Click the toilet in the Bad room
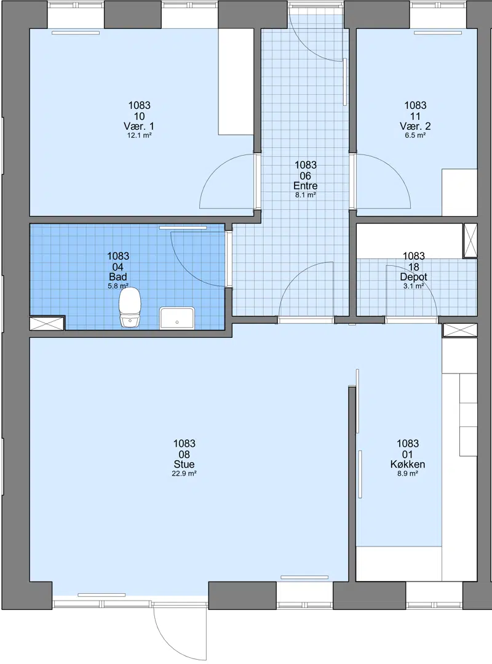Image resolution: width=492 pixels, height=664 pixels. coord(130,308)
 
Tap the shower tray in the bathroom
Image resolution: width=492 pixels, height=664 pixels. coord(177,318)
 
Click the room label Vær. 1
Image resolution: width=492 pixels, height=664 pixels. coord(139,126)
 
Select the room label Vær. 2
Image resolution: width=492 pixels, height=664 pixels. coord(415,126)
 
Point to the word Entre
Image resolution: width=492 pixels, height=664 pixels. coord(306,186)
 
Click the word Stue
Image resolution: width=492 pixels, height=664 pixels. coord(184,464)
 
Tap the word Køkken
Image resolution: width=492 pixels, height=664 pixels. coord(408,464)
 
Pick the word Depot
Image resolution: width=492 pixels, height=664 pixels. coord(414,277)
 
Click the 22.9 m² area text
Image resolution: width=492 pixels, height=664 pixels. coord(184,473)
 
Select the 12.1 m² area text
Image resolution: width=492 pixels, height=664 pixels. coord(139,135)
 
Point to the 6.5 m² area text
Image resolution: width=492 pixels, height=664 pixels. coord(415,135)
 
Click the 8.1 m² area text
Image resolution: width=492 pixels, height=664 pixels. coord(306,195)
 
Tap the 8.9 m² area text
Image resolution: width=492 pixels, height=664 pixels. coord(408,473)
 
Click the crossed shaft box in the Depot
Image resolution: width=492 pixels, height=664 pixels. coord(470,241)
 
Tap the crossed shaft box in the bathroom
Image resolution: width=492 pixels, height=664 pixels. coord(47,323)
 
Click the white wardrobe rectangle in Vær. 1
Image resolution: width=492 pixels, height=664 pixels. coord(236,82)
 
